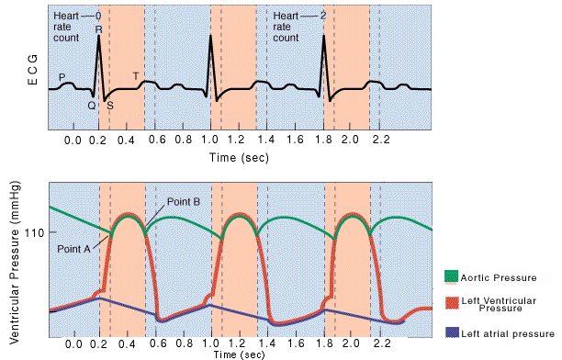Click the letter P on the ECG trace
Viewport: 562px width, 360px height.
[62, 76]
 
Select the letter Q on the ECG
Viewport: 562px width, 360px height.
[92, 105]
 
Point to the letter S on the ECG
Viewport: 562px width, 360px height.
[110, 105]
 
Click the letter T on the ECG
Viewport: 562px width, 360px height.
[137, 75]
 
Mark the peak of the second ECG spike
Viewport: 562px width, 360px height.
[211, 38]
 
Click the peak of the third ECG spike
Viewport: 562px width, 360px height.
[324, 38]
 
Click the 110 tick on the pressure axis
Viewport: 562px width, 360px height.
[35, 233]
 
